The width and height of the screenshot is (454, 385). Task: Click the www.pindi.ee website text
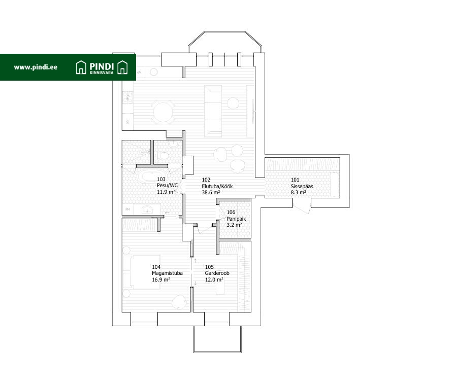(36, 67)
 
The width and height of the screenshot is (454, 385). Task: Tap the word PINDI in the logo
(102, 65)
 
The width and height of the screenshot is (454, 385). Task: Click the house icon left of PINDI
(81, 67)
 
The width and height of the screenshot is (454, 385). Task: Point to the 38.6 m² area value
(211, 193)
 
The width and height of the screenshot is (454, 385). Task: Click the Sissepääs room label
(302, 186)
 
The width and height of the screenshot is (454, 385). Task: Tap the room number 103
(161, 180)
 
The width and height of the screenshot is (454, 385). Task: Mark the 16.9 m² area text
(161, 279)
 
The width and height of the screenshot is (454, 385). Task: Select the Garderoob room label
(217, 273)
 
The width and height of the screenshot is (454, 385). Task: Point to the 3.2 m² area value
(234, 225)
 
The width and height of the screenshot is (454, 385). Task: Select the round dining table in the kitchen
(163, 111)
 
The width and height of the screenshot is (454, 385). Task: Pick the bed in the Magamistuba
(142, 272)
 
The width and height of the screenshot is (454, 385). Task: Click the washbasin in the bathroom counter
(147, 208)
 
